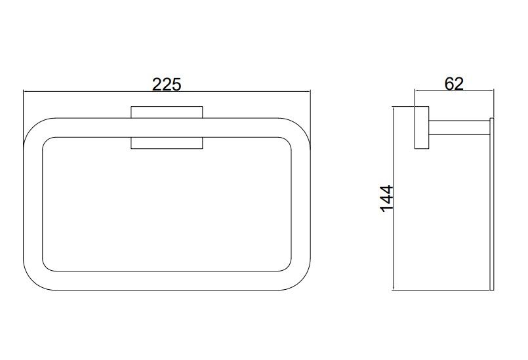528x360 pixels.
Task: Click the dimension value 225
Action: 167,84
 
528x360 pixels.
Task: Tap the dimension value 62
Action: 454,83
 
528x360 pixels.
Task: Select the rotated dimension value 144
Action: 386,198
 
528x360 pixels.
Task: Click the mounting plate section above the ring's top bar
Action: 167,112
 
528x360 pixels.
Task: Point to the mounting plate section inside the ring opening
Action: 167,143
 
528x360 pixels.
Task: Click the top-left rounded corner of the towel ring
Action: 33,128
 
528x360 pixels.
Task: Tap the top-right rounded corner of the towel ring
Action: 300,128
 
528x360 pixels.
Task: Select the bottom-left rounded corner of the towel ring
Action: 33,280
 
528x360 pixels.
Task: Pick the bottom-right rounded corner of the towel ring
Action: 300,280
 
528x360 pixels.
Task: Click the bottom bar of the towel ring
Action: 167,281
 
